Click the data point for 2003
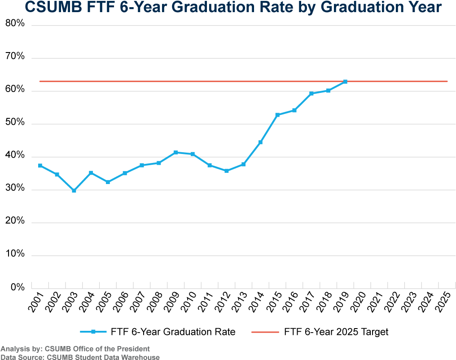[74, 191]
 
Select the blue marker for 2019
[345, 82]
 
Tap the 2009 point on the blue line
[175, 152]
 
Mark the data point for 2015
[277, 115]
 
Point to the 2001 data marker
[40, 166]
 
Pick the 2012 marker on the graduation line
[227, 171]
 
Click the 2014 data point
[261, 142]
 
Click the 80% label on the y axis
[15, 23]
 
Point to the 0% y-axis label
[18, 287]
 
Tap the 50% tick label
[15, 122]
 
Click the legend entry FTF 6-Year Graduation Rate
[173, 332]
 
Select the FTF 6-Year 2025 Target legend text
[336, 332]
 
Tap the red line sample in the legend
[265, 332]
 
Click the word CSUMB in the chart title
[53, 7]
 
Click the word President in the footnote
[135, 349]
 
